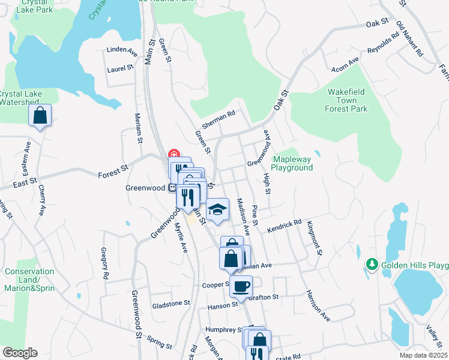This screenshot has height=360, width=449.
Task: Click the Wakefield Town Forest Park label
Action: (x=346, y=100)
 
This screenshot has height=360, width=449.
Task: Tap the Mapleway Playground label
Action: (x=293, y=163)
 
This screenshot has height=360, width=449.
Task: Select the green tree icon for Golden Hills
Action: (x=372, y=264)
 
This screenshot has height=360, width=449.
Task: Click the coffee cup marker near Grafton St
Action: (x=241, y=286)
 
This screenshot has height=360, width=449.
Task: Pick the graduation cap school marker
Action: (x=217, y=209)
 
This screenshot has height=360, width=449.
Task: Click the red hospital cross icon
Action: (x=173, y=154)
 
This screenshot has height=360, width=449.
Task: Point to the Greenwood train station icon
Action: (x=172, y=188)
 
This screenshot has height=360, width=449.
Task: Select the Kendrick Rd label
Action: (x=284, y=224)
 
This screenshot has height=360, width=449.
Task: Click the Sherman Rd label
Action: (x=217, y=117)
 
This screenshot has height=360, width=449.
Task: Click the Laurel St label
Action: (x=120, y=69)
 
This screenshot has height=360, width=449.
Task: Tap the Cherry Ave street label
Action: (x=42, y=199)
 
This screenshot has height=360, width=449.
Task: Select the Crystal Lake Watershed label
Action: (x=20, y=98)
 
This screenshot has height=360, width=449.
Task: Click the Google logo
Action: (x=19, y=353)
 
